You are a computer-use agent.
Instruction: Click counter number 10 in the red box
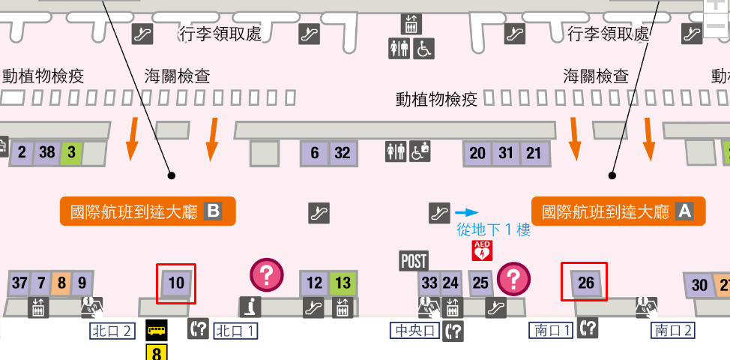177,283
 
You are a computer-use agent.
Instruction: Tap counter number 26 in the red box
585,283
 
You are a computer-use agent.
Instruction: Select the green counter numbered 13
343,283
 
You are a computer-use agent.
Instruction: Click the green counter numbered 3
71,153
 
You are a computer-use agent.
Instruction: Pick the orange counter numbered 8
61,283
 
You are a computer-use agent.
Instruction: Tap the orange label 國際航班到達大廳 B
148,211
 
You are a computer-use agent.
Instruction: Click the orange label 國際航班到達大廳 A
618,211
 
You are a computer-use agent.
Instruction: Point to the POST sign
414,261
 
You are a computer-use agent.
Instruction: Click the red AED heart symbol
481,250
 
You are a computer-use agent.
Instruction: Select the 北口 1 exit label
236,330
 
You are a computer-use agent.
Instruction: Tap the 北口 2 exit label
112,330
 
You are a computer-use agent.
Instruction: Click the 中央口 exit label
414,330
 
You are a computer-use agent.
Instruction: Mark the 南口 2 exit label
674,330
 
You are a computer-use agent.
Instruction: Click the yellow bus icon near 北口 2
157,330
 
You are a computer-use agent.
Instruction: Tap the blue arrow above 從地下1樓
466,213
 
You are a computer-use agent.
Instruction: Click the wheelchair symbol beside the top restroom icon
424,49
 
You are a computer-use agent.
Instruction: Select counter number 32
343,153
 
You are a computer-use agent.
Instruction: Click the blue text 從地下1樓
494,230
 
